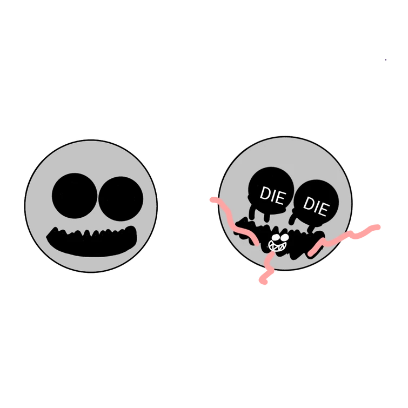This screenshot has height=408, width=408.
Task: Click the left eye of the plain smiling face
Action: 75,196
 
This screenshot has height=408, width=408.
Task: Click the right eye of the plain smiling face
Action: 121,199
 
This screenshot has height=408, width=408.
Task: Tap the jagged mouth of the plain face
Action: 91,242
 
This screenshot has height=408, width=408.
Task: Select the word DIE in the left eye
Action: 273,196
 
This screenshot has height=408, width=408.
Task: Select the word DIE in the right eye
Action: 316,206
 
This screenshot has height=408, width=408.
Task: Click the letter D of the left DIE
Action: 265,193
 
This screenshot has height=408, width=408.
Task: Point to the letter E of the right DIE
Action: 324,210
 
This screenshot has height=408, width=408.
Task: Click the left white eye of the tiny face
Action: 276,238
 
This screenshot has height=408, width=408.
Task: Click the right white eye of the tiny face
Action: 284,237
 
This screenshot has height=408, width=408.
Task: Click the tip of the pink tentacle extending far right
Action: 378,227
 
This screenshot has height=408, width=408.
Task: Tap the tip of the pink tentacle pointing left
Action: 212,199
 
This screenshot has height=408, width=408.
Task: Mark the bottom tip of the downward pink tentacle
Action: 263,281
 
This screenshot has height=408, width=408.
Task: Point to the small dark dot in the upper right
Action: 386,60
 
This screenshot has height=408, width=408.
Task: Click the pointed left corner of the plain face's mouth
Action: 47,237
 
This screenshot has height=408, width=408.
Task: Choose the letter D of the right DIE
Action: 309,204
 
